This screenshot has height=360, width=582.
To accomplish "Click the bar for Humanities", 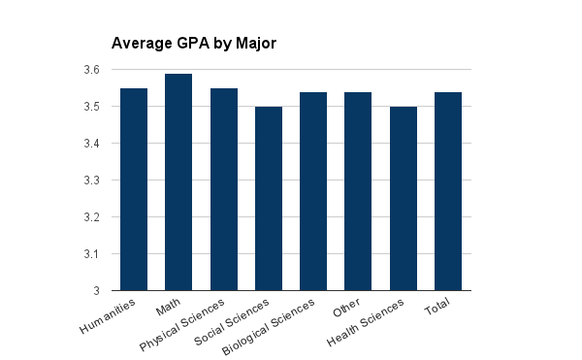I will click(134, 189).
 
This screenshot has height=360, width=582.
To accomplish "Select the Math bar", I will click(178, 181).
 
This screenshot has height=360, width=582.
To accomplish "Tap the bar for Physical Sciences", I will click(223, 189).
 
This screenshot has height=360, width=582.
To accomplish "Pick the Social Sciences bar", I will click(269, 198).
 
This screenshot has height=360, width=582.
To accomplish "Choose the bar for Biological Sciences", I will click(313, 191).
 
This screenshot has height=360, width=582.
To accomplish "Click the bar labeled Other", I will click(358, 191).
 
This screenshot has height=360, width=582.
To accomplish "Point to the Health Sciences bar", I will click(404, 198).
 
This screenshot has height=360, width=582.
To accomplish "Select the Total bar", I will click(448, 191).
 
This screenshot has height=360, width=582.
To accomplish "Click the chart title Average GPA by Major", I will click(195, 43).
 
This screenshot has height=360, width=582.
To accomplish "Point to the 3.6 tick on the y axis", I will click(91, 70).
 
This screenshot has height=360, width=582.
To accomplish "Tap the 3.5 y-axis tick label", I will click(91, 107).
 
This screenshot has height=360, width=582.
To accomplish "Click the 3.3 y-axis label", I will click(91, 180).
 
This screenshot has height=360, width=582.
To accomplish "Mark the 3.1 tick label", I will click(91, 254).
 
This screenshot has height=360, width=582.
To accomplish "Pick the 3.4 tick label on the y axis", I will click(91, 144).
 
